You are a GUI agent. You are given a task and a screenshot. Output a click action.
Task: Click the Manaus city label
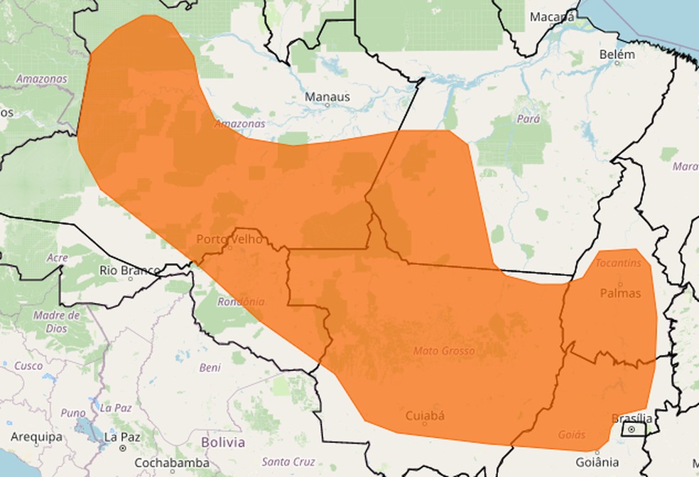coord(327,96)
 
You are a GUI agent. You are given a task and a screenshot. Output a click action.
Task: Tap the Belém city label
coord(617,55)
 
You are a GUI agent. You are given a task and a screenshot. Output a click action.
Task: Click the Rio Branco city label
coord(129,270)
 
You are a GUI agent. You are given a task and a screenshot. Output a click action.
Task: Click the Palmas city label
coord(620,293)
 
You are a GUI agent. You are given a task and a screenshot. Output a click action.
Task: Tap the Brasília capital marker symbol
coord(631,430)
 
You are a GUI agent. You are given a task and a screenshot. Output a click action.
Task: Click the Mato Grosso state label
coord(444,351)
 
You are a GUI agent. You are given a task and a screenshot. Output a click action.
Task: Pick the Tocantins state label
coord(619,263)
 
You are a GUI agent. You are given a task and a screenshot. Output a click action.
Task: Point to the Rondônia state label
coord(241,301)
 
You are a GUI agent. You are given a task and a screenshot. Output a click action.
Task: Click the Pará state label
coord(529,119)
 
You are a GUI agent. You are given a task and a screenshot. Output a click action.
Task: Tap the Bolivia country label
coord(222,442)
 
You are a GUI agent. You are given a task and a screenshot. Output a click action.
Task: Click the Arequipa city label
coord(36,436)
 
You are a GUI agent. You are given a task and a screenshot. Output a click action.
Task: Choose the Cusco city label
coord(28,365)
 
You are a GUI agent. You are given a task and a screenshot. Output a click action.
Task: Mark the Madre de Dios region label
coord(55,322)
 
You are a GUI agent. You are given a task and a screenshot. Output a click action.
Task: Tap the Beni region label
coord(210,368)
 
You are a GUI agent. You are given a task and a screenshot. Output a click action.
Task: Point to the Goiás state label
coord(571,434)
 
